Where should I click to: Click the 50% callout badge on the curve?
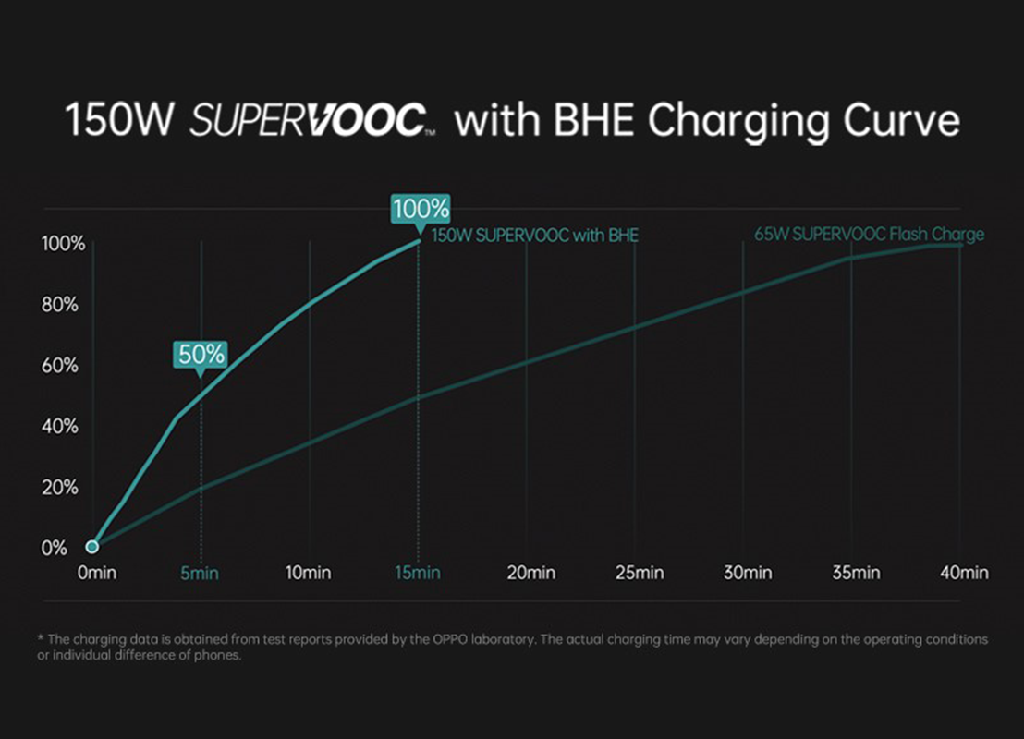[200, 354]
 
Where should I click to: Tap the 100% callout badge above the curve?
[420, 209]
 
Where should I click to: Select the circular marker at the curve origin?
[92, 547]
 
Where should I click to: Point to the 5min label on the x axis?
[200, 574]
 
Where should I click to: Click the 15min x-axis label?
[417, 574]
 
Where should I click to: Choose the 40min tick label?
[963, 574]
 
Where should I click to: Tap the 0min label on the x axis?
[97, 574]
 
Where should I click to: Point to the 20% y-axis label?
[60, 488]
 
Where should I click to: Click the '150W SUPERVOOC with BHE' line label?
[535, 236]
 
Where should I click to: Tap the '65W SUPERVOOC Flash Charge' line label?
[869, 235]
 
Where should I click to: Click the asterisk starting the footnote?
[40, 639]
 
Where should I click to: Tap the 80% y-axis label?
[60, 306]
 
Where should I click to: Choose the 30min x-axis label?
[747, 574]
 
